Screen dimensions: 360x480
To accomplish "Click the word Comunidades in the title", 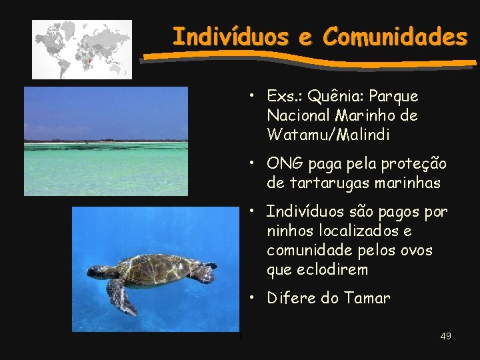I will click(395, 37).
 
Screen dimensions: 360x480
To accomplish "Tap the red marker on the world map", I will click(89, 60).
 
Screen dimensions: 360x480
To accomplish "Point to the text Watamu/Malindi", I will click(328, 135).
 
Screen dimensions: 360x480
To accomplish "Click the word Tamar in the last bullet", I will click(367, 298).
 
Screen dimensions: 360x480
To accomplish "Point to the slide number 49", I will click(445, 336).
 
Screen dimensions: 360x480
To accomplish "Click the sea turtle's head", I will click(99, 271).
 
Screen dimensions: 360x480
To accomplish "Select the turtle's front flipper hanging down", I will click(122, 297).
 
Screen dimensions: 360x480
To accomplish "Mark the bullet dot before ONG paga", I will click(253, 163).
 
